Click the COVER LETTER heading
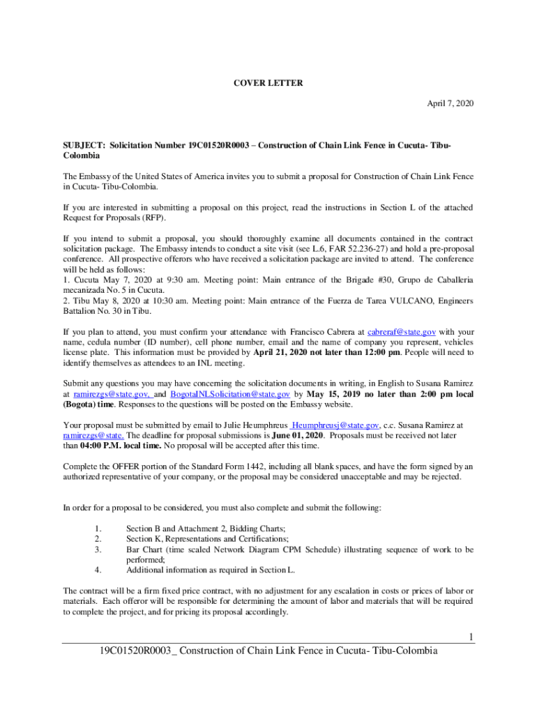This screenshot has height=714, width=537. click(268, 83)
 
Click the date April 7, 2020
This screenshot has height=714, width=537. click(451, 103)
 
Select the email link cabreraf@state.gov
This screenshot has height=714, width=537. click(402, 332)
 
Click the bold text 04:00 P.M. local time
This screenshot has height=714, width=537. click(121, 446)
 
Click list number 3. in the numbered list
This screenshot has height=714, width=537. click(98, 549)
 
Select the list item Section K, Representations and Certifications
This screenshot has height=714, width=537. click(207, 539)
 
